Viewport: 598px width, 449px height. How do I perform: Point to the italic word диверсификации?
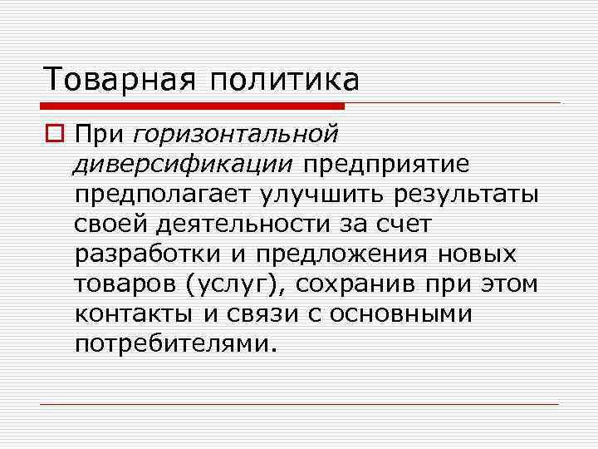pyautogui.click(x=183, y=163)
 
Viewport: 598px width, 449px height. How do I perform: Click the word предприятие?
pyautogui.click(x=385, y=163)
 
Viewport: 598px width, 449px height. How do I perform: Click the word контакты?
pyautogui.click(x=130, y=313)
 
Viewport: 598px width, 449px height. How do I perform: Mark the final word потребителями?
pyautogui.click(x=173, y=343)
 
